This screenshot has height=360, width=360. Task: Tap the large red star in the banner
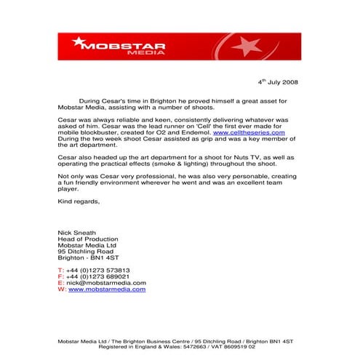point(247,47)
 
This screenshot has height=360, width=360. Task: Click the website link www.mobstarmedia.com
point(107,289)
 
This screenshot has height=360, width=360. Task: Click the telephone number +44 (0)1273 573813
point(97,270)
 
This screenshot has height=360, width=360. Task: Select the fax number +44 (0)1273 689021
point(97,276)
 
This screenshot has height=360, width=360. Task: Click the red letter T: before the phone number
point(60,270)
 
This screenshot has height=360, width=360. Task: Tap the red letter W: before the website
point(61,289)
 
